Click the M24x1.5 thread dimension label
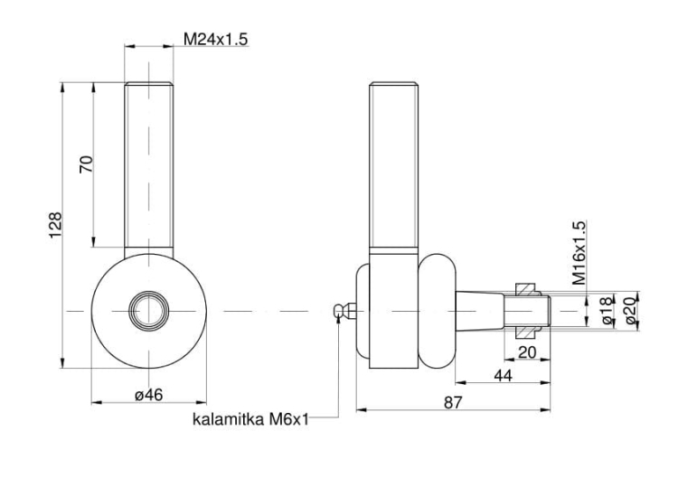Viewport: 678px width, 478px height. [x=215, y=40]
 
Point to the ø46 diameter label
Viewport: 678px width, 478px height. [x=148, y=395]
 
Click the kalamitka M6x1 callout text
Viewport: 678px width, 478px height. [x=250, y=419]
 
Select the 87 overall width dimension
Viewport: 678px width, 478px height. [x=452, y=404]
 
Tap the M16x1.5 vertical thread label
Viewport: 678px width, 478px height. [x=579, y=252]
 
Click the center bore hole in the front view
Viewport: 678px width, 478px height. [x=147, y=310]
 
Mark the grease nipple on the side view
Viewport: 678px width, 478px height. [x=341, y=311]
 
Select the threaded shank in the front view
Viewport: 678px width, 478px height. [x=147, y=163]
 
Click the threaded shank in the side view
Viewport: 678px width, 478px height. [x=394, y=163]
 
